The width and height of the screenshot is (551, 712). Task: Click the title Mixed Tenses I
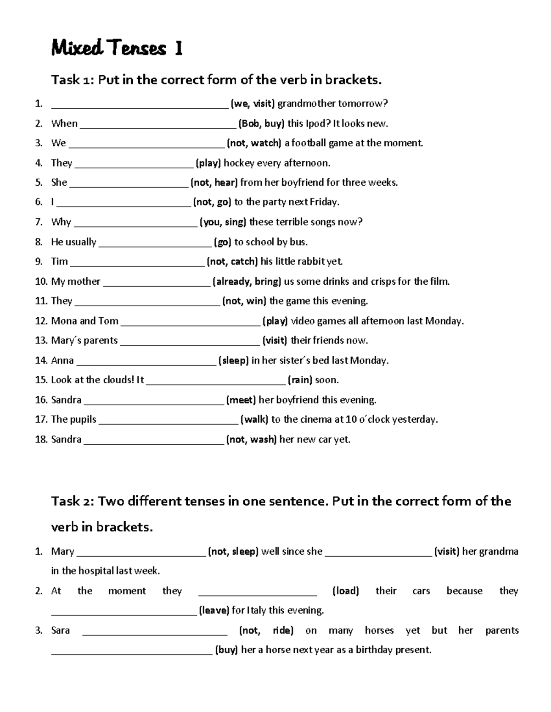pos(117,48)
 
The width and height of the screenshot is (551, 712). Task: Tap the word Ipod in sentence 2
pos(319,123)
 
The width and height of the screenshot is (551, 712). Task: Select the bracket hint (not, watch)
pos(254,143)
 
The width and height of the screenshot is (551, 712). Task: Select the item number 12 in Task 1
pos(41,321)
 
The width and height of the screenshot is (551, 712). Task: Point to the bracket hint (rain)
pos(300,380)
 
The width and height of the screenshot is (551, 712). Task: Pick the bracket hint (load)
pos(345,591)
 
